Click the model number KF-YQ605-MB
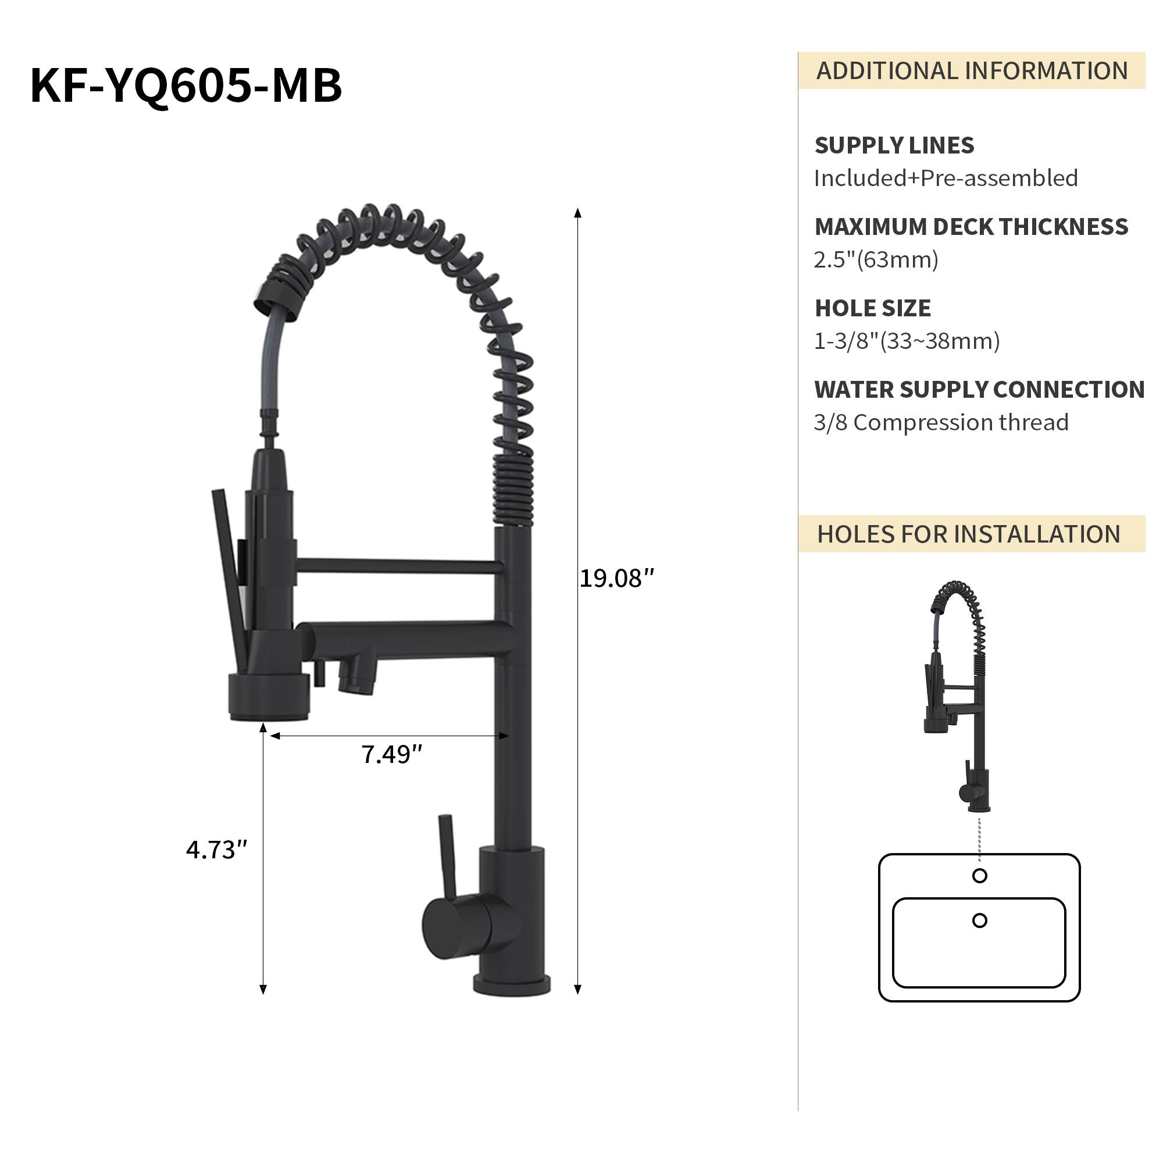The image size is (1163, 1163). [186, 86]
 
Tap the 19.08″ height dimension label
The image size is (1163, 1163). [616, 579]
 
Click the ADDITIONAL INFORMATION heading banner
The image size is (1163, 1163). [972, 71]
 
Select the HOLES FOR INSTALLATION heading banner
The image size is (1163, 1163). [969, 534]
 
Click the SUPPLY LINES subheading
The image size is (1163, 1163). [894, 146]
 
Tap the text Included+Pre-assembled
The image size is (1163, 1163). [946, 179]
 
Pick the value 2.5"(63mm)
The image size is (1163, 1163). [876, 260]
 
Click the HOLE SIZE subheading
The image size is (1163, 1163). [872, 309]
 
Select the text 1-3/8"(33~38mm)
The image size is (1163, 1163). [907, 341]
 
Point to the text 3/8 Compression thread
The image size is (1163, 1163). [941, 423]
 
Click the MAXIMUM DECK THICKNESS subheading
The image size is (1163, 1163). [971, 227]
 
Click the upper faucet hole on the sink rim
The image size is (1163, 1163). [979, 876]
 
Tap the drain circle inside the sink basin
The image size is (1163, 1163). [979, 921]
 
